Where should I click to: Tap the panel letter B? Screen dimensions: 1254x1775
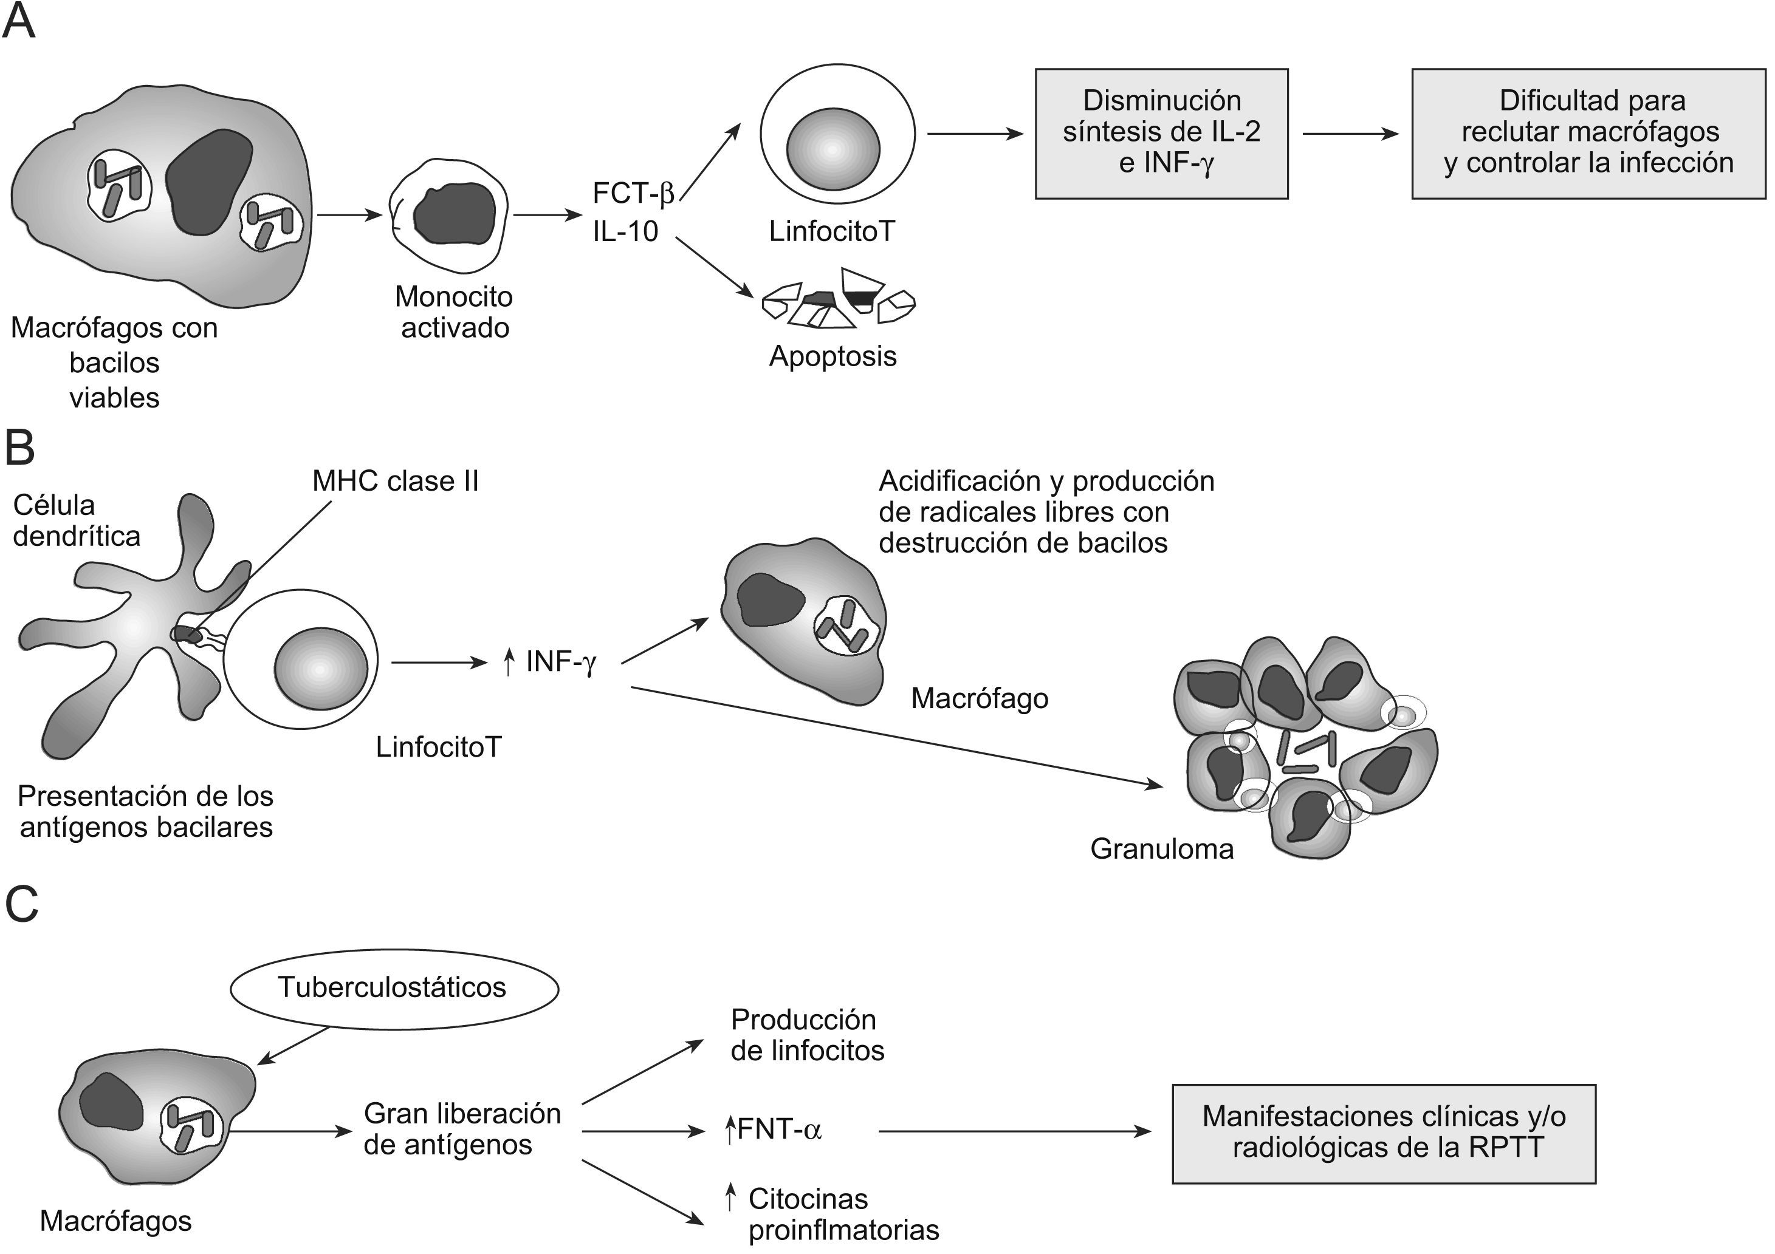[20, 448]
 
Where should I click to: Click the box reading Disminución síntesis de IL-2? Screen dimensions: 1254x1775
[1161, 134]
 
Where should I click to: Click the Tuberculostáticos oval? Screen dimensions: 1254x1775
[394, 988]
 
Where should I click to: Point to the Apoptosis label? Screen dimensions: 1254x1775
[833, 356]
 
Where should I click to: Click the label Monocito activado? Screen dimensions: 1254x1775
[454, 312]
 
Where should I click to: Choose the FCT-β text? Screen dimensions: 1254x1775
[633, 193]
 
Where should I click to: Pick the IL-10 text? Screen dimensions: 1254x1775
[625, 231]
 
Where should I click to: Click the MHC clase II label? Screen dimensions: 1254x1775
[395, 482]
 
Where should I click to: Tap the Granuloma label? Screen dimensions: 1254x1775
[1161, 849]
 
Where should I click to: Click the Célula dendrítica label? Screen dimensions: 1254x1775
[76, 521]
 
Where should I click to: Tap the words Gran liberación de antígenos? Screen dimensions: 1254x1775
[462, 1129]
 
